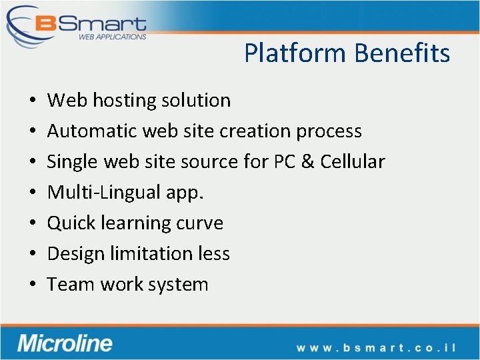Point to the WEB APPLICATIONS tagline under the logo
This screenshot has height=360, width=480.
112,37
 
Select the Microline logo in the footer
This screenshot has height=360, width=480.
65,343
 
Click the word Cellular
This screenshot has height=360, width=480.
353,162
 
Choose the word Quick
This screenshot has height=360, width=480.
71,223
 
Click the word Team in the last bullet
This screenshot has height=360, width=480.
71,285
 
